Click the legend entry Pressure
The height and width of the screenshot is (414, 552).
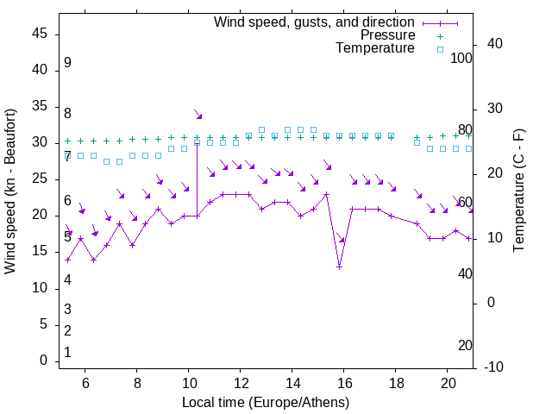click(x=388, y=35)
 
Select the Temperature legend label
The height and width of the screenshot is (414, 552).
click(x=375, y=48)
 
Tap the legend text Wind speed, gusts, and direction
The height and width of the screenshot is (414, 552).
click(x=314, y=22)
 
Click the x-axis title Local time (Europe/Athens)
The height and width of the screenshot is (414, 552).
click(x=265, y=403)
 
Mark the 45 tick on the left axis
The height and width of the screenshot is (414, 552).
click(x=39, y=34)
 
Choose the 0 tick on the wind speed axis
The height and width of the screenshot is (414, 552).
click(x=43, y=361)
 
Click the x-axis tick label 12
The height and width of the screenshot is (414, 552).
click(x=241, y=382)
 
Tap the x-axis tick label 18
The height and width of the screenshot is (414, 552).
click(x=396, y=382)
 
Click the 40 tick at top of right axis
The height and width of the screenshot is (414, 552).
click(x=495, y=44)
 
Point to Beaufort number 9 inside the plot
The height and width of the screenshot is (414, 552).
click(x=67, y=63)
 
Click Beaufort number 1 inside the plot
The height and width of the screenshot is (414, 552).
click(x=67, y=352)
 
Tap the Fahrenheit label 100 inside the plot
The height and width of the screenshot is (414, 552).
click(x=462, y=58)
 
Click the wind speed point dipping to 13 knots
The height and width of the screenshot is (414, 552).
click(x=340, y=267)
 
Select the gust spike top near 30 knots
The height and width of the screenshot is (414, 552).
click(x=198, y=142)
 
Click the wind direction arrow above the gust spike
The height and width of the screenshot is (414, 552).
click(x=198, y=115)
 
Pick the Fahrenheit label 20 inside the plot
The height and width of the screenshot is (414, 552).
click(x=465, y=345)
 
